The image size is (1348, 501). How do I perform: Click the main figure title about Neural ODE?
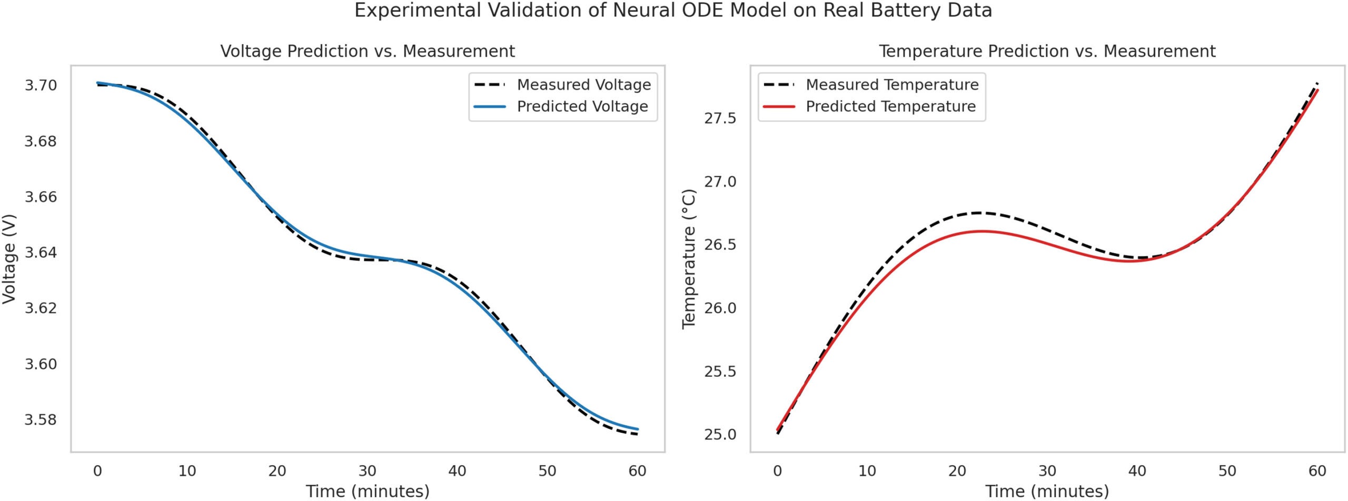[x=673, y=11]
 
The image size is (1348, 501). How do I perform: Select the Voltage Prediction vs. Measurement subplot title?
[x=368, y=51]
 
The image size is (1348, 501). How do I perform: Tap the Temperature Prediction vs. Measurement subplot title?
[x=1047, y=51]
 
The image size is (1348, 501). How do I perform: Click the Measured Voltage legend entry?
[x=583, y=85]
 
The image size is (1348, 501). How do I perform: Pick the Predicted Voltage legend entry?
[x=582, y=106]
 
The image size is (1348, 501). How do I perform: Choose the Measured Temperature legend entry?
[x=892, y=85]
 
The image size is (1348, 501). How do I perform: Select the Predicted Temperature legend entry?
[x=890, y=106]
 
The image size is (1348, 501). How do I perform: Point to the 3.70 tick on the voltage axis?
[x=41, y=85]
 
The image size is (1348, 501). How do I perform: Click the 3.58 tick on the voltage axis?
[x=41, y=420]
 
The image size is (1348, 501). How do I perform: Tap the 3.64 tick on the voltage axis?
[x=41, y=253]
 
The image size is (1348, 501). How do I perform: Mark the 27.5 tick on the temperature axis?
[x=720, y=118]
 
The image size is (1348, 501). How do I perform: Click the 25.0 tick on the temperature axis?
[x=720, y=435]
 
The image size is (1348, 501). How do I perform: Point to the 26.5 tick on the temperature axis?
[x=720, y=245]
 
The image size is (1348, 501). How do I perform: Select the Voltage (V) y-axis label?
[x=9, y=259]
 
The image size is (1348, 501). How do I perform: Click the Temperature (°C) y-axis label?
[x=689, y=259]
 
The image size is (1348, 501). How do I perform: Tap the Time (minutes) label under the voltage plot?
[x=368, y=491]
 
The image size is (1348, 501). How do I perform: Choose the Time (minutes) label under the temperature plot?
[x=1047, y=491]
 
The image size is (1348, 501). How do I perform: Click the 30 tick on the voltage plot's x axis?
[x=368, y=470]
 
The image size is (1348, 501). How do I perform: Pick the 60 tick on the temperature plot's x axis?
[x=1317, y=470]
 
